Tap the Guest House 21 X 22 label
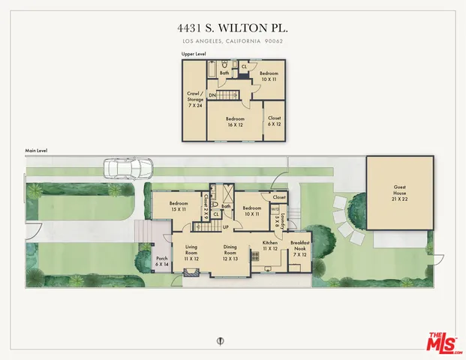coord(400,193)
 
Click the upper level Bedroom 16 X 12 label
coord(235,121)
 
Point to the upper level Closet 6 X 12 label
coord(274,121)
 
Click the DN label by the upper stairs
coord(212,94)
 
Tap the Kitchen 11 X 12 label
coord(270,246)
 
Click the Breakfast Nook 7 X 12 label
coord(300,249)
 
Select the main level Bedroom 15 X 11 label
coord(179,206)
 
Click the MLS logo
coord(443,343)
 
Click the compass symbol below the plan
coord(220,340)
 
